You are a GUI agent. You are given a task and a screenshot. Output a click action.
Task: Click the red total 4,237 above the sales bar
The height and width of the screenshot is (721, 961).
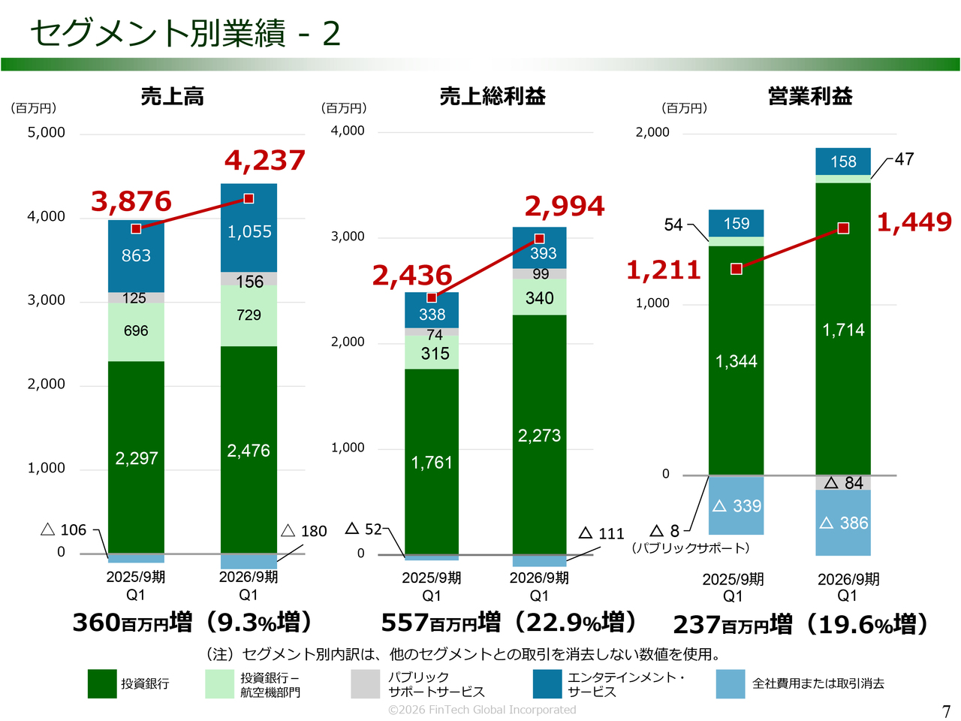[x=265, y=160]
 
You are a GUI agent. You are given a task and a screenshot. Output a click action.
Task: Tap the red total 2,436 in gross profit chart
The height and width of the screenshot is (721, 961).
[x=412, y=276]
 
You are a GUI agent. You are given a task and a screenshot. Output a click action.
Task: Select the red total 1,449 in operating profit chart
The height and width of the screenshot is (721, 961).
[x=914, y=222]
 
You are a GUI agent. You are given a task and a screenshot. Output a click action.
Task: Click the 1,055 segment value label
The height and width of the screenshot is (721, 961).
[x=249, y=231]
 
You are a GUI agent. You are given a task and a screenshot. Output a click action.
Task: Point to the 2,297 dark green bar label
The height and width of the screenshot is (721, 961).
[x=137, y=458]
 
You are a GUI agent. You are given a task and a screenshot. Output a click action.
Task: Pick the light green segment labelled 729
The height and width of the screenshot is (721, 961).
[x=249, y=315]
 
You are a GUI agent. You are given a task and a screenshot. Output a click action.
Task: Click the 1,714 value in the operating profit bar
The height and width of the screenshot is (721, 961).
[x=843, y=330]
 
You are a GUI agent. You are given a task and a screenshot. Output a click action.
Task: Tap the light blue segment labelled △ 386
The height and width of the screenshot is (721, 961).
[x=843, y=523]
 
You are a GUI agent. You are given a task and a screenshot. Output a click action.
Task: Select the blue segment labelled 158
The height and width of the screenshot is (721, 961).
[x=843, y=161]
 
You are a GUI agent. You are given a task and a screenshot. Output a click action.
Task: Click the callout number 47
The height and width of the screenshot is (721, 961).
[x=904, y=159]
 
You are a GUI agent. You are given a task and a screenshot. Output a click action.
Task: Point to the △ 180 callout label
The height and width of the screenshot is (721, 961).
[x=304, y=531]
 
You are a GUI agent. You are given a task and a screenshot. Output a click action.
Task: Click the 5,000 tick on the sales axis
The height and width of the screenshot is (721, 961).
[x=47, y=132]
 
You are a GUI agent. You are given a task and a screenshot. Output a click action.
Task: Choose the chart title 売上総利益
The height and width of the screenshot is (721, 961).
[x=493, y=96]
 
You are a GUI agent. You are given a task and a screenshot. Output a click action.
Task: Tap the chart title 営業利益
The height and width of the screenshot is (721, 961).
[x=810, y=96]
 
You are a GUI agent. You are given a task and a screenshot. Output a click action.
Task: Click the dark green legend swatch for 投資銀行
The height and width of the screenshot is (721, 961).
[x=102, y=683]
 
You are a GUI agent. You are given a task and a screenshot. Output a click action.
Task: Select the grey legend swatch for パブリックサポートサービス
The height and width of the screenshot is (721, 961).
[x=366, y=683]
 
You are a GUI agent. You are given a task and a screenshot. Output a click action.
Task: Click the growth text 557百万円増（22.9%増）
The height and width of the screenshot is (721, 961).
[x=510, y=622]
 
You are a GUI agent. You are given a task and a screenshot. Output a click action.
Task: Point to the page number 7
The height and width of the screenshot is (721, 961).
[x=946, y=710]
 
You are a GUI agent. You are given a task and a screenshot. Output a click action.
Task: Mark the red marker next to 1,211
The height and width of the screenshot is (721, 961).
[x=737, y=269]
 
